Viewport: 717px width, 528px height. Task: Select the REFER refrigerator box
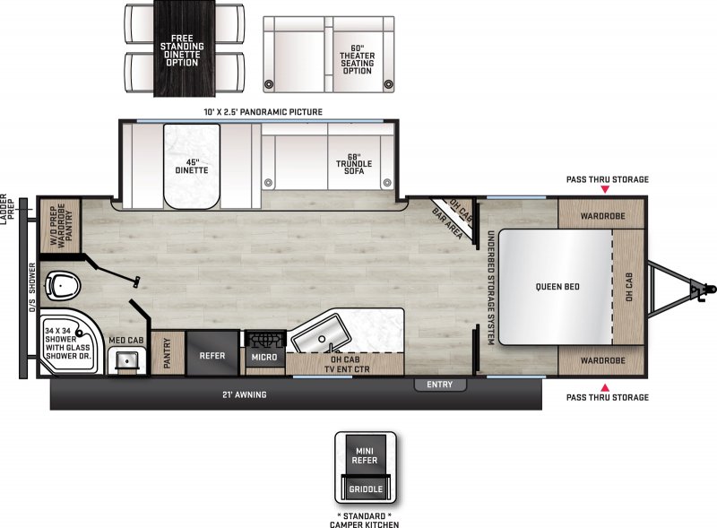click(x=212, y=354)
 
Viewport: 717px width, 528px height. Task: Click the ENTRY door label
click(x=440, y=385)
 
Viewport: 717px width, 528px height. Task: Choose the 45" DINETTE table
click(x=191, y=164)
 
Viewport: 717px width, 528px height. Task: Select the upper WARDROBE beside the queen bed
click(x=600, y=215)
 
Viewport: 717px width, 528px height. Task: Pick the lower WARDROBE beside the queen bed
click(x=600, y=359)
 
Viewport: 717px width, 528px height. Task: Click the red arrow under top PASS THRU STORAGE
click(x=606, y=190)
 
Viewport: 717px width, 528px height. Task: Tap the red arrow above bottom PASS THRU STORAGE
click(x=606, y=385)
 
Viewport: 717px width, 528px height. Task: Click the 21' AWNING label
click(x=245, y=394)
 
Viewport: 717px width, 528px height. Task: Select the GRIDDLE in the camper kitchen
click(x=365, y=489)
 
